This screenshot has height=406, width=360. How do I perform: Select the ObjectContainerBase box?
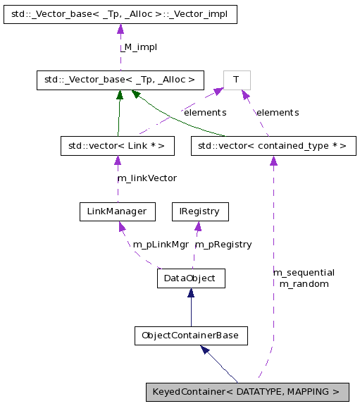point(190,336)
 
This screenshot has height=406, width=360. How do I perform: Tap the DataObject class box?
point(190,278)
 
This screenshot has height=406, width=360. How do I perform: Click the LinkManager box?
point(117,211)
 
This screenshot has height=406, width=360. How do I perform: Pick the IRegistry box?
point(200,211)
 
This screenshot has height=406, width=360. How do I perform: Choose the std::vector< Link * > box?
point(117,147)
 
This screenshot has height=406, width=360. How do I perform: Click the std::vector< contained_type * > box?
point(273,147)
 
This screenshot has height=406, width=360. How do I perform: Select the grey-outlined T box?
point(237,80)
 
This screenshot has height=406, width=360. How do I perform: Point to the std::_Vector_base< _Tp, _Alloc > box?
point(120,80)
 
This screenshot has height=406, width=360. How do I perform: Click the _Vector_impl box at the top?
point(120,14)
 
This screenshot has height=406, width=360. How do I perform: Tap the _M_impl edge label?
point(138,47)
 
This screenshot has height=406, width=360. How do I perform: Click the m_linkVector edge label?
point(147,178)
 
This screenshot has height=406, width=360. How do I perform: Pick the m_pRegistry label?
point(223,244)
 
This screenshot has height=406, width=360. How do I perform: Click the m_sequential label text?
point(304,272)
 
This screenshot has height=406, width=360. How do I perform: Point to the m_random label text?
point(304,283)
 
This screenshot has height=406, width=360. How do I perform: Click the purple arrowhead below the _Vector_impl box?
point(120,29)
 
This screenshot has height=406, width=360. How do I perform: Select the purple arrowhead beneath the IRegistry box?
point(199,226)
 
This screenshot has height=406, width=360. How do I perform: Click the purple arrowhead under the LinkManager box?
point(122,226)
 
